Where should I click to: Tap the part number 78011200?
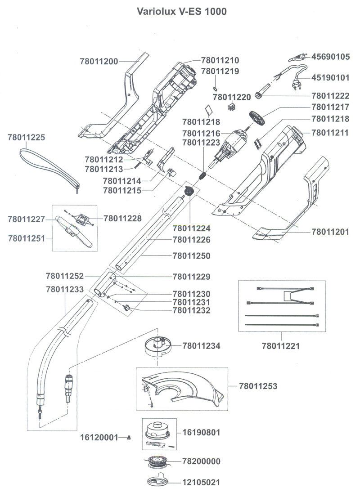pyautogui.click(x=99, y=61)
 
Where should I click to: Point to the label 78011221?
pyautogui.click(x=281, y=346)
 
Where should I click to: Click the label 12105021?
pyautogui.click(x=202, y=483)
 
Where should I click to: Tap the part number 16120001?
pyautogui.click(x=99, y=437)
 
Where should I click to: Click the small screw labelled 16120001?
pyautogui.click(x=129, y=437)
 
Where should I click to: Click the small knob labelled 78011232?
pyautogui.click(x=127, y=308)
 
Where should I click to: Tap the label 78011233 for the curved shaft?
pyautogui.click(x=65, y=290)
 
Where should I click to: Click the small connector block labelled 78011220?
pyautogui.click(x=231, y=107)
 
